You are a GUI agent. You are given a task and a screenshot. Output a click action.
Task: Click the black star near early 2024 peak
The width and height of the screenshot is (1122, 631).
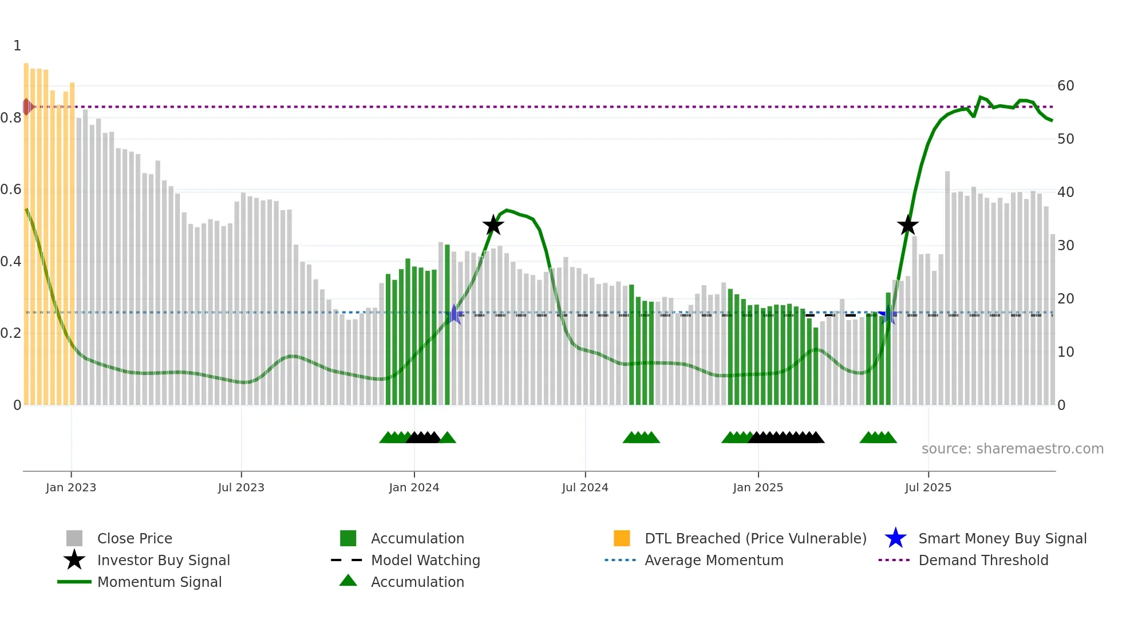(x=493, y=225)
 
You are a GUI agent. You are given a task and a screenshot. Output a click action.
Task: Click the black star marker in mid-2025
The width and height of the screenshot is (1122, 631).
(x=907, y=225)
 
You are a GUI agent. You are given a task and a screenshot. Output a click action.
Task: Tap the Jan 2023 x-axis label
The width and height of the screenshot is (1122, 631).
(x=71, y=487)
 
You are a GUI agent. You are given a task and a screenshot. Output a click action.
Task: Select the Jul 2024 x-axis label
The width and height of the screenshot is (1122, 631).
(x=585, y=487)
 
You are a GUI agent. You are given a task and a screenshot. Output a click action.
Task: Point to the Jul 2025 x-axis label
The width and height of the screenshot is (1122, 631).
(x=928, y=487)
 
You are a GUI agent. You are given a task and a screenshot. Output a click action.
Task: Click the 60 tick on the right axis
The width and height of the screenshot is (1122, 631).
(x=1065, y=86)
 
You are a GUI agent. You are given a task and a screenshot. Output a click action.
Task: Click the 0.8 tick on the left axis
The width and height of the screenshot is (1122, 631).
(x=11, y=118)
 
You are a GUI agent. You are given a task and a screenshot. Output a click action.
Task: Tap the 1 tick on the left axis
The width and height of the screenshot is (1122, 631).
(x=17, y=46)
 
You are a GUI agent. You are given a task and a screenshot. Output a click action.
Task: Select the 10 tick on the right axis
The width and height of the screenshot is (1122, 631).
(x=1065, y=352)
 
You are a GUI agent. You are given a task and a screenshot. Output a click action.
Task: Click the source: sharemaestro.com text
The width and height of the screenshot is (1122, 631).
(x=1012, y=449)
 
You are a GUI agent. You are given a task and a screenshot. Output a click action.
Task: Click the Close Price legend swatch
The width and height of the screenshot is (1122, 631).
(x=74, y=538)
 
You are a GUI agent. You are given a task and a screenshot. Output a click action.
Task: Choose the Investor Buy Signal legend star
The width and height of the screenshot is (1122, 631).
(x=74, y=560)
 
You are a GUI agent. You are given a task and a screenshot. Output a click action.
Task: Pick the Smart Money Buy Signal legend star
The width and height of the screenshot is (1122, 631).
(x=895, y=538)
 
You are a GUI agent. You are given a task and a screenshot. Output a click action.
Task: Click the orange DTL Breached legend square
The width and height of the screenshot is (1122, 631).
(x=622, y=538)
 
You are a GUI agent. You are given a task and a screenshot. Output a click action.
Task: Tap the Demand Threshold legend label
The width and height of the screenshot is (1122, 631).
(x=983, y=560)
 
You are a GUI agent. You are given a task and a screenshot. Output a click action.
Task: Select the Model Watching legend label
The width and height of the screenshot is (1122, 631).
(x=425, y=560)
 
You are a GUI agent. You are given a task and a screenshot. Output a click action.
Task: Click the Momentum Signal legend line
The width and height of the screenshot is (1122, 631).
(x=74, y=582)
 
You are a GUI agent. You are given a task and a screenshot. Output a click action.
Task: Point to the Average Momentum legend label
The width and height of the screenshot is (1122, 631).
(x=714, y=560)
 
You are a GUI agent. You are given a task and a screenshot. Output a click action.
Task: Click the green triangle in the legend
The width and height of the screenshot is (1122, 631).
(x=348, y=581)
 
